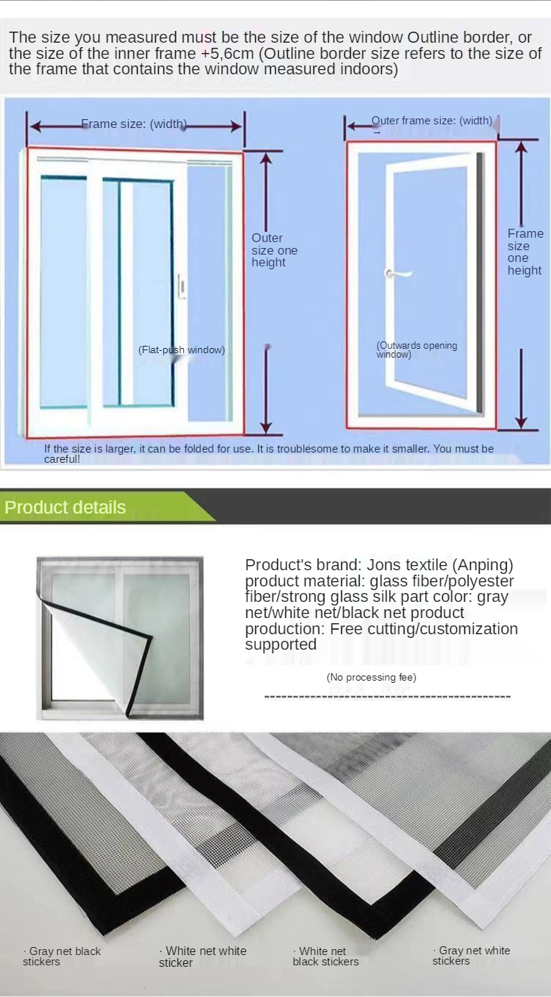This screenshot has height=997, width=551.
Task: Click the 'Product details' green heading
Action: click(65, 508)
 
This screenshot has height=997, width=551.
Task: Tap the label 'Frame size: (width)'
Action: click(134, 124)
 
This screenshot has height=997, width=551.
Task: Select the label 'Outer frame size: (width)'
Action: click(432, 121)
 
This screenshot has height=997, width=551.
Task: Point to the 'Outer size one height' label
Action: click(274, 250)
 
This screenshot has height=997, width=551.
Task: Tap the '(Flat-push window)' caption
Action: click(181, 350)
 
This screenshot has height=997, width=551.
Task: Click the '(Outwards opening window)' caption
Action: click(416, 350)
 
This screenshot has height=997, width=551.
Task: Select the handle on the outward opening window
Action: click(398, 273)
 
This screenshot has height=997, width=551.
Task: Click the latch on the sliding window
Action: click(182, 286)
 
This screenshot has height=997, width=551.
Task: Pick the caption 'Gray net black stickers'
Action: click(62, 956)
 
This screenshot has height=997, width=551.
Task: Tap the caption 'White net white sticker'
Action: click(202, 957)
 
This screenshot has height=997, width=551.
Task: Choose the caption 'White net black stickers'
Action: click(325, 956)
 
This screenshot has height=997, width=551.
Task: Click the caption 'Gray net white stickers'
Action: click(472, 956)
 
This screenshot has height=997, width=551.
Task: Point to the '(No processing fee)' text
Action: click(372, 677)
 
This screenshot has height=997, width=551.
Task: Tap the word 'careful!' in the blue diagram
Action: click(62, 459)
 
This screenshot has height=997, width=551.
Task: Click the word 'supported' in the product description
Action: click(281, 645)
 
